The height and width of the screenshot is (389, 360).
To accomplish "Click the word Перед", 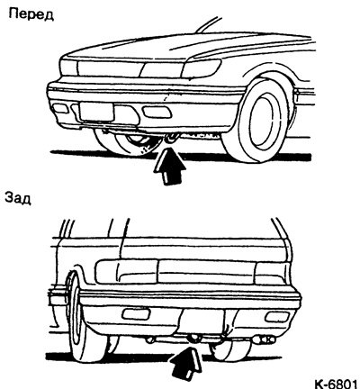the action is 31,14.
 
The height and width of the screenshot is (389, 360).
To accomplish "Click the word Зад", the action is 18,198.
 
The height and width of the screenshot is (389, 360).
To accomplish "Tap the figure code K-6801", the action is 336,383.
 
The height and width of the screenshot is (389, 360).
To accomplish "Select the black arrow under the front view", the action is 169,167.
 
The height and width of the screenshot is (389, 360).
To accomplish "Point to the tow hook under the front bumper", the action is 172,138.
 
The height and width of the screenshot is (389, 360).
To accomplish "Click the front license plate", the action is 96,112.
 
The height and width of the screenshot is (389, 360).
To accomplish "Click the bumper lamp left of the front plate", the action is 60,108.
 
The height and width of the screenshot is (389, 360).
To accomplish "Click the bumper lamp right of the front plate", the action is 157,112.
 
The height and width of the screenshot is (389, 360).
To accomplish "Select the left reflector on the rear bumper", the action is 136,314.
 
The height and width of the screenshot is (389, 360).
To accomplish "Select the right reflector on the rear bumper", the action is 277,317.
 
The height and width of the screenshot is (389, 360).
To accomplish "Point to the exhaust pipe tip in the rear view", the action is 264,339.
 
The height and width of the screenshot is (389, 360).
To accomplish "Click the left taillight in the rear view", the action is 127,272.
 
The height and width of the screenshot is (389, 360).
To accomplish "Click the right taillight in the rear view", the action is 272,273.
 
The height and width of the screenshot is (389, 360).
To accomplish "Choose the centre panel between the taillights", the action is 206,272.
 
